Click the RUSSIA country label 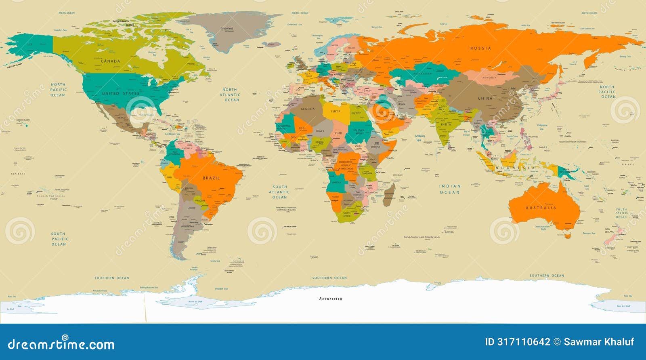[x=480, y=48]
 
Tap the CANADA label [x=110, y=61]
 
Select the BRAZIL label [x=211, y=178]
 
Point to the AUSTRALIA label [x=541, y=208]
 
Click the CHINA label [x=485, y=98]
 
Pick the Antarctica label [x=331, y=299]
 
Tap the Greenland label [x=227, y=29]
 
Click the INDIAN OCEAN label [x=450, y=189]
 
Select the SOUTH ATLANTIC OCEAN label [x=279, y=192]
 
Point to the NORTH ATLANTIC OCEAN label [x=230, y=95]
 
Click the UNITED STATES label [x=121, y=93]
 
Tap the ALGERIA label [x=308, y=109]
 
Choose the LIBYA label [x=336, y=111]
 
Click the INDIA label [x=446, y=124]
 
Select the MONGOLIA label [x=489, y=77]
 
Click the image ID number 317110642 [x=523, y=342]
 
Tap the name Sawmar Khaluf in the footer [x=599, y=342]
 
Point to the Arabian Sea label [x=419, y=138]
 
